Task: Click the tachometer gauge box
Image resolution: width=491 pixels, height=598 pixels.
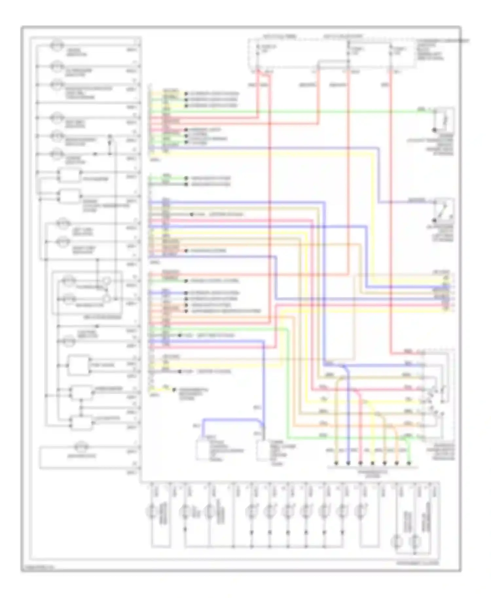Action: coord(69,176)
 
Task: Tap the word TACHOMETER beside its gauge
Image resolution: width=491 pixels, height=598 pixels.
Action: coord(95,179)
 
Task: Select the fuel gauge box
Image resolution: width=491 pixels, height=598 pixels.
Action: coord(78,364)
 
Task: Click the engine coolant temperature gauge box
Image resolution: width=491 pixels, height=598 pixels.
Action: coord(69,196)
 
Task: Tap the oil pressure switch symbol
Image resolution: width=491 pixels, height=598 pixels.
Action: coord(444,209)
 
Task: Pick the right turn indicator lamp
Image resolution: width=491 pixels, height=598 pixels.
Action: coord(62,242)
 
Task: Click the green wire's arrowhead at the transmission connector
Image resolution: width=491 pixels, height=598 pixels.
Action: coord(409,463)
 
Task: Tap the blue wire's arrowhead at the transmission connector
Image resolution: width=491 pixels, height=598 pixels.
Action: coord(348,463)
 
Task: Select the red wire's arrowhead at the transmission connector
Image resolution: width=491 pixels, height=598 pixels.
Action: coord(360,463)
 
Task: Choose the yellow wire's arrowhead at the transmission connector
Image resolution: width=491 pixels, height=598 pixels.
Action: coord(373,463)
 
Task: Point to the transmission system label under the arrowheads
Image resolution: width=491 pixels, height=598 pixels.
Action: coord(373,473)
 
